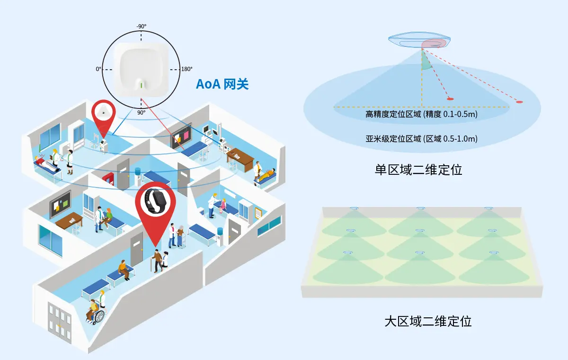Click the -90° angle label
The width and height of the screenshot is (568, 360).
(141, 27)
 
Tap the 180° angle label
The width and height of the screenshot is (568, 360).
(186, 69)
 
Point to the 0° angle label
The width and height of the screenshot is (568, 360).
(98, 69)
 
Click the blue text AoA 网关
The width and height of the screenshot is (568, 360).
(222, 84)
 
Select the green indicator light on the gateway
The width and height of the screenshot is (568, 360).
(142, 84)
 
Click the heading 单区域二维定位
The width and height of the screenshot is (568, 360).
(418, 170)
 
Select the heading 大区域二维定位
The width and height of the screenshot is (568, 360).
(428, 321)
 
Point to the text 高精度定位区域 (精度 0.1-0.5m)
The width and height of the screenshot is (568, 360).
(421, 114)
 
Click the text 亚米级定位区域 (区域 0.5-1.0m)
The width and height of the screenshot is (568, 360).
(421, 139)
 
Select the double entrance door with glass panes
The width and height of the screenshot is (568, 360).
(60, 322)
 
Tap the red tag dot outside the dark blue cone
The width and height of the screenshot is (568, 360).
(519, 102)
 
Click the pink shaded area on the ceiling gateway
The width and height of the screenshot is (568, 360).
(434, 44)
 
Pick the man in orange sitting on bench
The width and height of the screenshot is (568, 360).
(124, 270)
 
